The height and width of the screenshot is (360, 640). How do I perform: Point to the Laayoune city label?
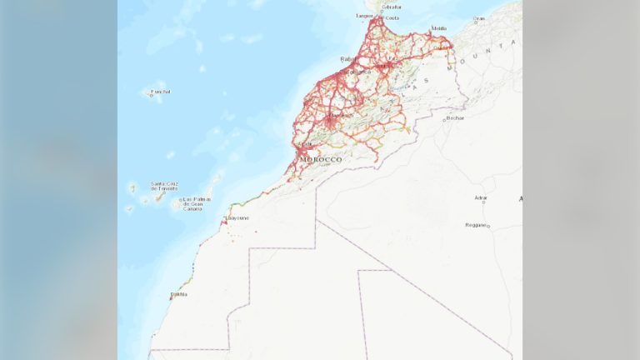click(237, 217)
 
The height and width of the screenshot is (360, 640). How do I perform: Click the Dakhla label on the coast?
click(179, 294)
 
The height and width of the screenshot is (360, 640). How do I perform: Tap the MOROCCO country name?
click(320, 159)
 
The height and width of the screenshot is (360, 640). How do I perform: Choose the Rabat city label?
click(348, 58)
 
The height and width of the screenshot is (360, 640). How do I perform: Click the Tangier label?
click(364, 15)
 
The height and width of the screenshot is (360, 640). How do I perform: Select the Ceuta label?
click(392, 17)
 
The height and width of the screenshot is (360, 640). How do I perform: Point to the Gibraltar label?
click(390, 7)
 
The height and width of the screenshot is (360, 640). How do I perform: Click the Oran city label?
click(479, 18)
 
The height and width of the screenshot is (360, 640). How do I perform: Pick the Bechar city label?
click(455, 118)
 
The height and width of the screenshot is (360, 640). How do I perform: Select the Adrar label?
click(480, 197)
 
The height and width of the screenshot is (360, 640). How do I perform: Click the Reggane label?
click(475, 224)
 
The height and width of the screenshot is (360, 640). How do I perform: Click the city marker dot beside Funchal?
click(151, 95)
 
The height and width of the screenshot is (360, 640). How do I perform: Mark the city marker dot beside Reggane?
click(488, 226)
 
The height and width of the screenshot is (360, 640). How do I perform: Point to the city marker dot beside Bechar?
click(446, 117)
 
